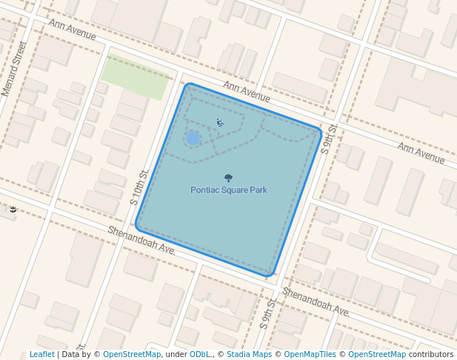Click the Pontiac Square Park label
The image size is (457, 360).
pos(228,190)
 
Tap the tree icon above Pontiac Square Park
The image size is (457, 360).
pos(227,178)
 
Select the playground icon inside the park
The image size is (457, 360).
pos(220,123)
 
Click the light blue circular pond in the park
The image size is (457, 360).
pos(193,139)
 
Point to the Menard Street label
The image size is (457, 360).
pos(14,69)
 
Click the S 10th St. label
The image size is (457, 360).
pos(139,186)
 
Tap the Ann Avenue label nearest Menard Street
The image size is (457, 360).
pos(73,30)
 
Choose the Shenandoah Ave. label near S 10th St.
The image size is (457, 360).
pos(141,241)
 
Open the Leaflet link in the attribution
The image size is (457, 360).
pos(41,355)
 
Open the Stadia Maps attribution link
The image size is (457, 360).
pos(249,355)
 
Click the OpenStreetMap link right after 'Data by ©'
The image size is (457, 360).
pos(132,355)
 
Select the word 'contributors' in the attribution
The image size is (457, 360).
pos(430,355)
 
